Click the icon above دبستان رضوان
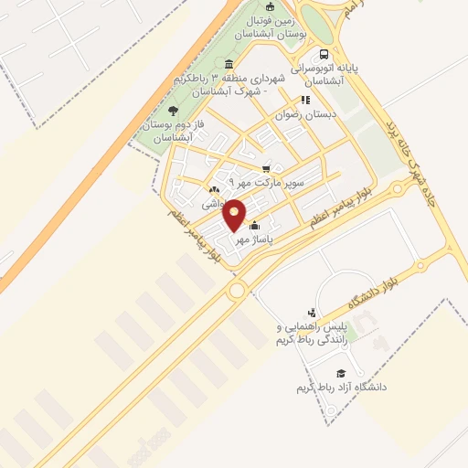pos(305,100)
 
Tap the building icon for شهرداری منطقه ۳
pos(228,63)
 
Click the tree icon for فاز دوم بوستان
pos(173,110)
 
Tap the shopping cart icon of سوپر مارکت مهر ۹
pos(266,168)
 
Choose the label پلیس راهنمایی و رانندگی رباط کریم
pos(312,334)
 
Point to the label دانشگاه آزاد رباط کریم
pos(342,388)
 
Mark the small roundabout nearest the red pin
pos(237,291)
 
